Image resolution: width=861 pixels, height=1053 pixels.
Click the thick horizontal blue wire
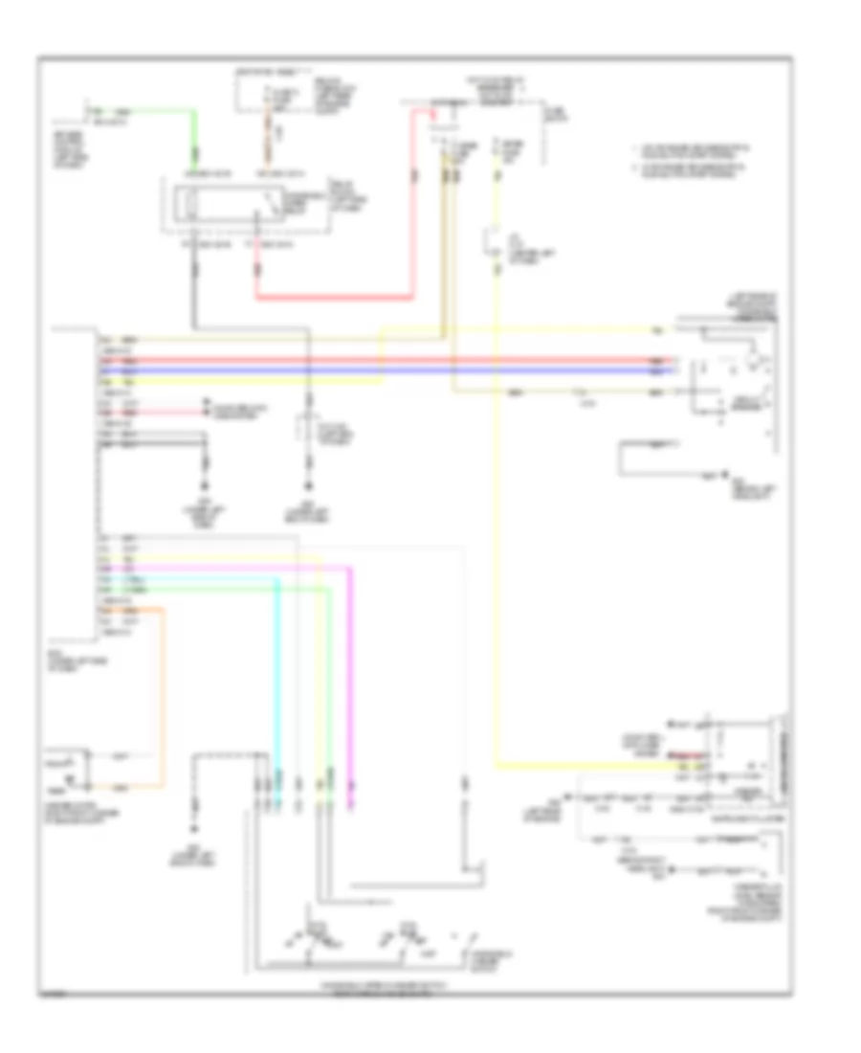(383, 370)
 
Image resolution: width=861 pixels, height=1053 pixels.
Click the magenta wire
(349, 670)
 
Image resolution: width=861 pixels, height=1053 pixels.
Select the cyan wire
(277, 670)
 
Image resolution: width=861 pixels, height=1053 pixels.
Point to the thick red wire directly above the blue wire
(383, 361)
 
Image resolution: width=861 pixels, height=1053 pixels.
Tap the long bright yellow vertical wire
(497, 526)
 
